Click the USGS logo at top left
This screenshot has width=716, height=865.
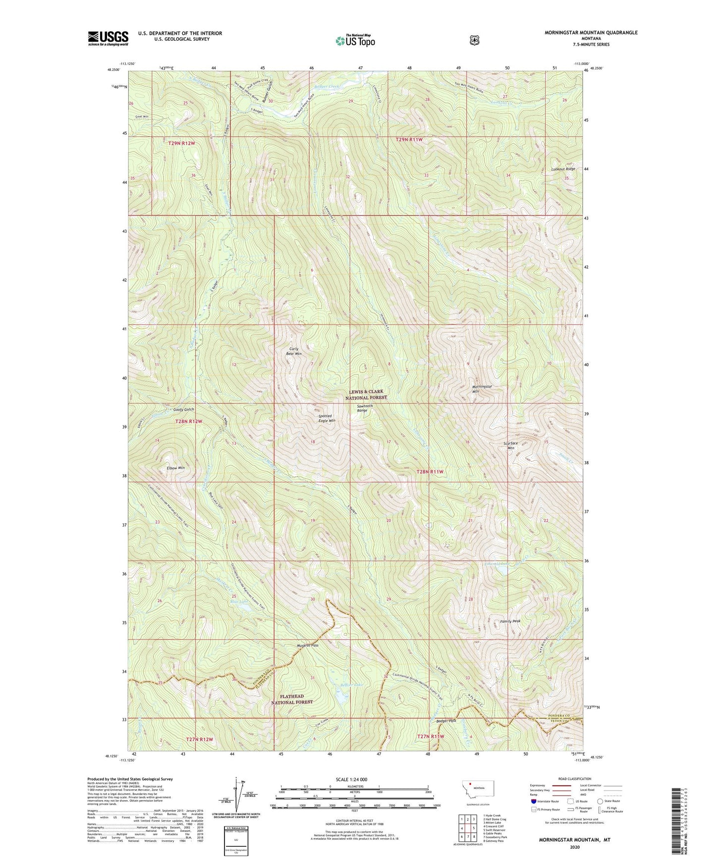[x=108, y=38]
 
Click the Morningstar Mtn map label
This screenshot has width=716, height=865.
[x=475, y=388]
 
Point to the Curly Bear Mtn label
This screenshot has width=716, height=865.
[x=295, y=351]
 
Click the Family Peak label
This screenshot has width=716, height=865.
[x=510, y=621]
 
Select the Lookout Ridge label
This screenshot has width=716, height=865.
[x=563, y=169]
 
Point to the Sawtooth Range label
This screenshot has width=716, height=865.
[x=366, y=408]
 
